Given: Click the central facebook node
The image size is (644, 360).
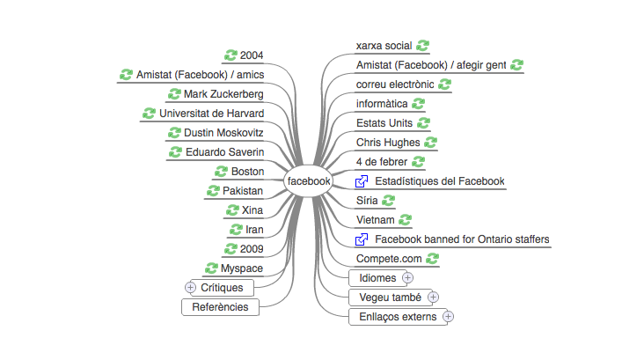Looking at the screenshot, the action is [x=308, y=180].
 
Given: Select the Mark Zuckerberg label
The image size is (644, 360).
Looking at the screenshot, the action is [x=223, y=94].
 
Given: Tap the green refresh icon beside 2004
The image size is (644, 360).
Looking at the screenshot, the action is [x=231, y=55].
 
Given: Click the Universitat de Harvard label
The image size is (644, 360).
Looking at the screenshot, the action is [x=211, y=114].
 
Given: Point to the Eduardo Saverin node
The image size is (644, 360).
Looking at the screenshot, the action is [x=224, y=152].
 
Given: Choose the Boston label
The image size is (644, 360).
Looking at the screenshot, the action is [x=247, y=172].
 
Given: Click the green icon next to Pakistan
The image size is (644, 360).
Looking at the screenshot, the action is [x=213, y=191].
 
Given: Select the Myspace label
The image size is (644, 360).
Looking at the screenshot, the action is [x=241, y=268].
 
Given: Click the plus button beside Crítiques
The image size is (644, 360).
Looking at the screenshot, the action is [x=190, y=287].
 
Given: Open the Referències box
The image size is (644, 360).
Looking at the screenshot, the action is [x=220, y=307].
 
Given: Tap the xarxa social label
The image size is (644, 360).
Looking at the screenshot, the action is [x=384, y=46].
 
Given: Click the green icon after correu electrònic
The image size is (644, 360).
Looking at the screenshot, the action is [x=444, y=84].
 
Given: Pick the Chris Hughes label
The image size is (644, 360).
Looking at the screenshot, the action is [x=388, y=143].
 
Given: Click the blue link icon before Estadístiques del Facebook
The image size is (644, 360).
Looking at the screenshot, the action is [x=362, y=181].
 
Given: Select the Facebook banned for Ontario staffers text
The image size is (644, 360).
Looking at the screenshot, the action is [x=462, y=239].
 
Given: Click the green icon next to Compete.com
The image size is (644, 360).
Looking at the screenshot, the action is [x=432, y=259].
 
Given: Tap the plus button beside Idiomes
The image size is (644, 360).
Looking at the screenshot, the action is [x=407, y=278].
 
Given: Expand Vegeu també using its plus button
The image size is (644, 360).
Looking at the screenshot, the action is [x=433, y=298].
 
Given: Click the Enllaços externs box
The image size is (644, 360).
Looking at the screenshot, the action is [x=398, y=317].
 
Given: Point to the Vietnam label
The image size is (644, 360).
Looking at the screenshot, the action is [x=375, y=220].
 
